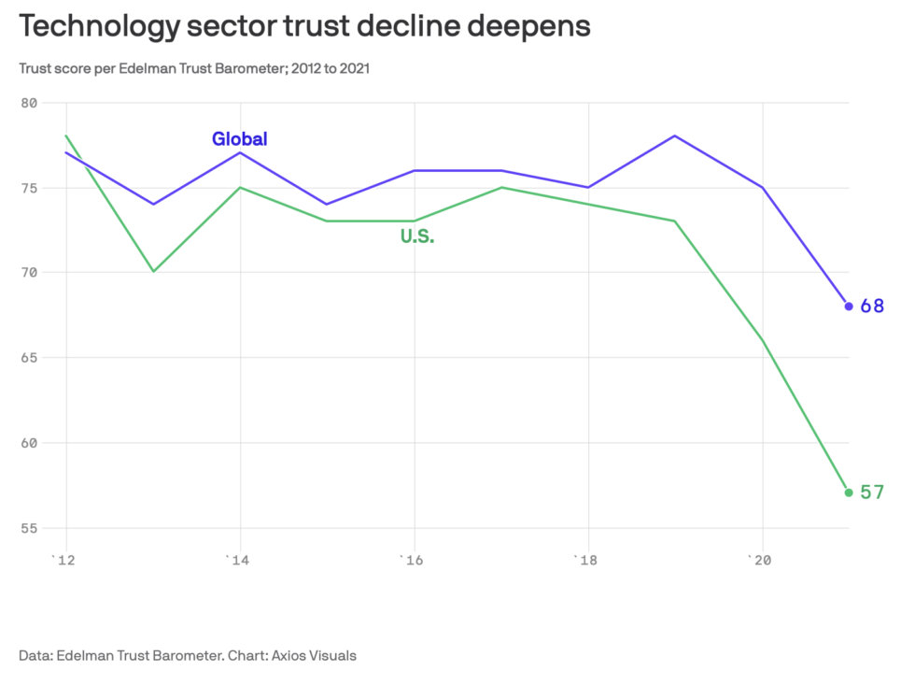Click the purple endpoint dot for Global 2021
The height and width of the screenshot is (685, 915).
849,306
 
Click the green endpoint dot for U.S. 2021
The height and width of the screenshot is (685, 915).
849,492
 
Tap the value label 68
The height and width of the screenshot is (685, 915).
872,306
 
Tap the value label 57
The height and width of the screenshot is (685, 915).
872,492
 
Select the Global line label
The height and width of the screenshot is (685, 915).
239,139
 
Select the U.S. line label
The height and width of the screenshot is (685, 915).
417,237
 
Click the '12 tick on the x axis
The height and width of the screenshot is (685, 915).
63,560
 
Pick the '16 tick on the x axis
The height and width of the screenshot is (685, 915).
412,560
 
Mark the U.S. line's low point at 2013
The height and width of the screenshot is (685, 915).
153,271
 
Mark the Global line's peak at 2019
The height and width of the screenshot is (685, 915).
674,136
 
